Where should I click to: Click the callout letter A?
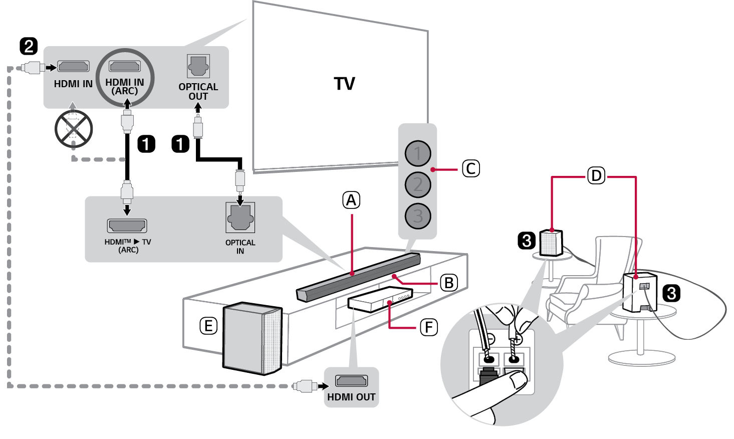[x=351, y=200]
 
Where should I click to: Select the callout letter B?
[x=449, y=283]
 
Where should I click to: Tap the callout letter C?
[x=470, y=169]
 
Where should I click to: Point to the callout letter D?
[x=596, y=176]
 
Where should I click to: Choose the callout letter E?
[x=208, y=326]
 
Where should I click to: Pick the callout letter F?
[x=428, y=328]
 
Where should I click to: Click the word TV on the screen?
[x=345, y=84]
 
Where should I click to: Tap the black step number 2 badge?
[x=29, y=46]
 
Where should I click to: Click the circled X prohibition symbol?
[x=74, y=129]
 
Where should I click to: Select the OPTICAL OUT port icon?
[x=198, y=66]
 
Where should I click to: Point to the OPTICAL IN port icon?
[x=240, y=217]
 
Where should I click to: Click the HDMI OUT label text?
[x=351, y=397]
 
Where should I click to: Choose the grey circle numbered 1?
[x=418, y=153]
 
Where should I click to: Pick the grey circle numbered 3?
[x=418, y=216]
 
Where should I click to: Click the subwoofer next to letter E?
[x=252, y=339]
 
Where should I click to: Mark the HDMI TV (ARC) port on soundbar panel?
[x=127, y=226]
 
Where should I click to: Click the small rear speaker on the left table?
[x=551, y=243]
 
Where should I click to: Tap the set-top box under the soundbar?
[x=379, y=299]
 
